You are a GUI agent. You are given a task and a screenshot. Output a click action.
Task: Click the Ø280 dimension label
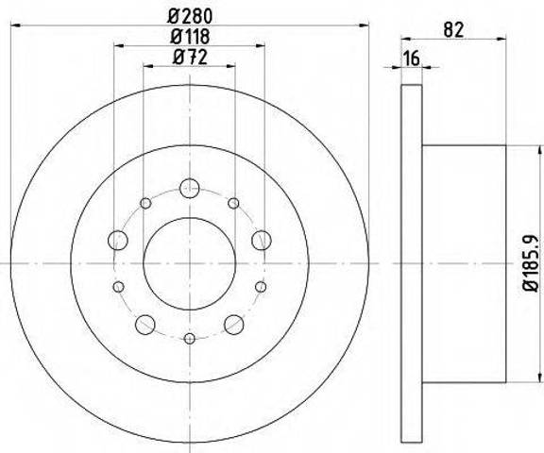190,16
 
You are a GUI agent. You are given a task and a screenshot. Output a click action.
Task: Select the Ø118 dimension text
190,36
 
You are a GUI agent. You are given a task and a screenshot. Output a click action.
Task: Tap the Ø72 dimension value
190,57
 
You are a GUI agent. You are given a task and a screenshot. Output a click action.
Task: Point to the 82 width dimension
453,29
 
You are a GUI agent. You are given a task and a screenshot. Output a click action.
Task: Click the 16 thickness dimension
412,58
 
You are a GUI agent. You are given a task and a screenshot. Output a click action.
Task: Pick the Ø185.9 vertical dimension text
531,263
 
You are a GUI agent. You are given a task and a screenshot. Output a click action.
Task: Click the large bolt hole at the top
190,188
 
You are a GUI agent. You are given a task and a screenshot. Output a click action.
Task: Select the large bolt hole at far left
118,240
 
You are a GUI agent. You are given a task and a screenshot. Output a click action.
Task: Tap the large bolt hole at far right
262,240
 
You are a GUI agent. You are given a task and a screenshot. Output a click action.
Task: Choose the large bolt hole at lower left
145,325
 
